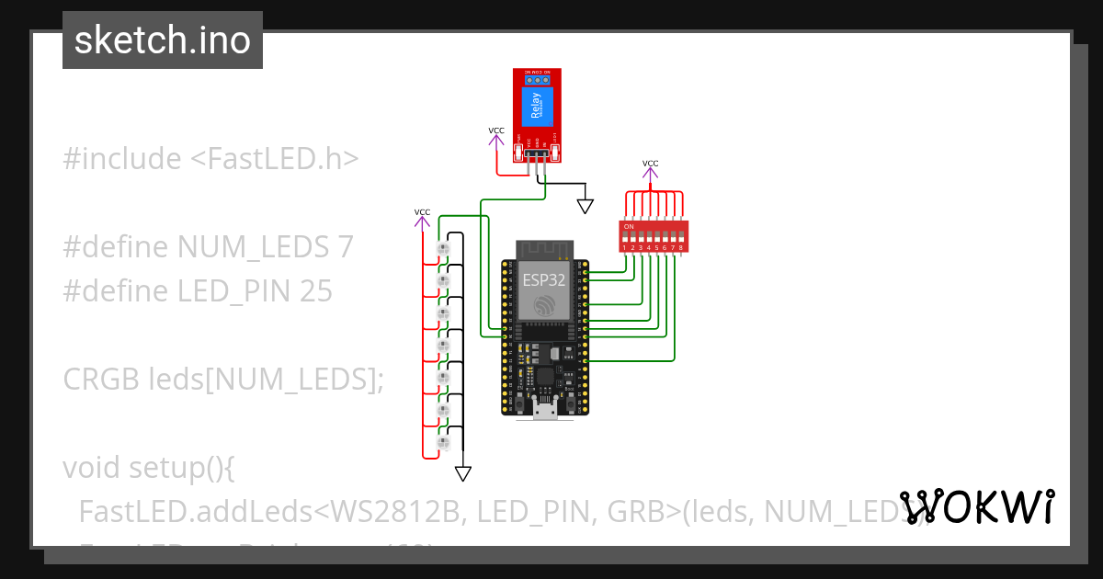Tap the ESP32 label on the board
(x=543, y=280)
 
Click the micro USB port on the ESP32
(x=545, y=413)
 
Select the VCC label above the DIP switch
(x=650, y=164)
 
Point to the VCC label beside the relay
(x=496, y=131)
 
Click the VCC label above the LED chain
(x=422, y=212)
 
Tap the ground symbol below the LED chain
(x=463, y=473)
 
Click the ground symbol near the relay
(x=585, y=203)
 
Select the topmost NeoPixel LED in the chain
(x=443, y=249)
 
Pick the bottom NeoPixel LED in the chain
(x=443, y=443)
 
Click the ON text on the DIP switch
(x=629, y=226)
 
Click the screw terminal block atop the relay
(x=537, y=78)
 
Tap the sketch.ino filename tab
(x=163, y=40)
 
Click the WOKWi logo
(x=976, y=506)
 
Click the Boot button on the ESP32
(x=571, y=404)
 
